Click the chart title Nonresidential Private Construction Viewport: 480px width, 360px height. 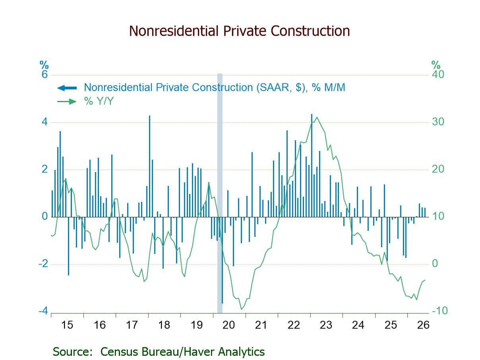tap(239, 31)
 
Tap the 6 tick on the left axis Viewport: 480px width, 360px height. tap(45, 74)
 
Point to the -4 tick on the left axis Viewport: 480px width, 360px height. tap(43, 311)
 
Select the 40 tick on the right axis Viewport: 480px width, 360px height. tap(438, 74)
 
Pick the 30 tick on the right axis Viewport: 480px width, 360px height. tap(438, 122)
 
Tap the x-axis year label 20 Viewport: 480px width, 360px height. tap(228, 325)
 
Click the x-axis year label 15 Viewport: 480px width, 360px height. tap(67, 325)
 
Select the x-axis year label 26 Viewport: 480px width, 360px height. tap(423, 325)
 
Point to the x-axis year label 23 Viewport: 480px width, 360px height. tap(326, 325)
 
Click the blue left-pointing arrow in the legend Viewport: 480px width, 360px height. tap(67, 88)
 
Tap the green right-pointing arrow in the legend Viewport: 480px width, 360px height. tap(67, 101)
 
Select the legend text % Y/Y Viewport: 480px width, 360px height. tap(99, 101)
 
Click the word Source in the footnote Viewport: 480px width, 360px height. tap(72, 352)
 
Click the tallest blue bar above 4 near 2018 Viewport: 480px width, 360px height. tap(149, 166)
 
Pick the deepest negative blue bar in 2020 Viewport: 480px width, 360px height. tap(222, 260)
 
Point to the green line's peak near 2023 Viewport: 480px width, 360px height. tap(317, 117)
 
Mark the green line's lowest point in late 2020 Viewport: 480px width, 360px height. tap(242, 309)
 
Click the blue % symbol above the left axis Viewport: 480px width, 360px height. tap(44, 65)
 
